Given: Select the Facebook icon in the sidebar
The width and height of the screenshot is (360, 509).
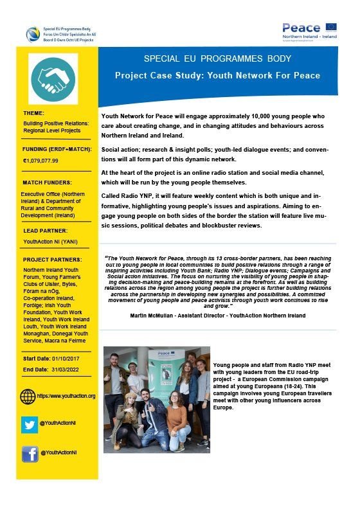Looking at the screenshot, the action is tap(28, 453).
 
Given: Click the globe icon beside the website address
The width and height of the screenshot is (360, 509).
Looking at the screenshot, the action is tap(28, 396).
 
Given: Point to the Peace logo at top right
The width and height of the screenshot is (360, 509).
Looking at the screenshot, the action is tap(309, 30).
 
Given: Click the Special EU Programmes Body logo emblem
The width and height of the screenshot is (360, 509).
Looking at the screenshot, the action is tap(32, 33).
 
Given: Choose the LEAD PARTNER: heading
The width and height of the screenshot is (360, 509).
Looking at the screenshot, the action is tap(45, 230).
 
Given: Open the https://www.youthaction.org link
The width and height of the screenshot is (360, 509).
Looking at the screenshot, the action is tap(66, 396).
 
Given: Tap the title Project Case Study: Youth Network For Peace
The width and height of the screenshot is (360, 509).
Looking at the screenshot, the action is tap(217, 76).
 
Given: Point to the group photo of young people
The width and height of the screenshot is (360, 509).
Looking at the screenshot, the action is tap(156, 399).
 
